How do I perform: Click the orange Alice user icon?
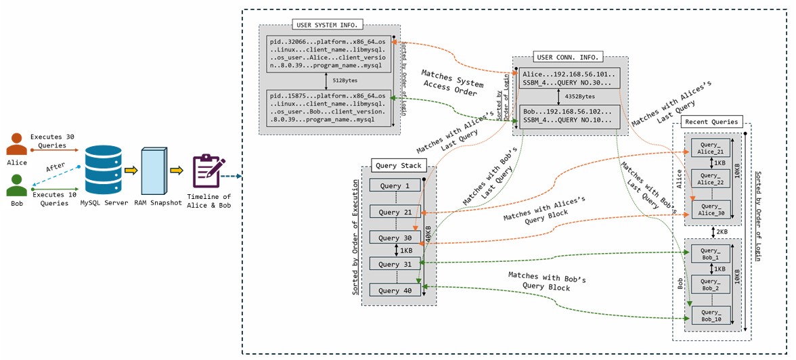(x=17, y=145)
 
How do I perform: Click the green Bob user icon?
(x=17, y=185)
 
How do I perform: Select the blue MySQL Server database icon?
(x=103, y=171)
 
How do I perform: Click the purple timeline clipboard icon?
(x=206, y=171)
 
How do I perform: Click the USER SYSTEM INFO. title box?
(x=328, y=25)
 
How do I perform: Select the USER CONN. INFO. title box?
(x=568, y=57)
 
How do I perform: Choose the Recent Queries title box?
(x=711, y=122)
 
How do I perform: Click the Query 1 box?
(x=395, y=186)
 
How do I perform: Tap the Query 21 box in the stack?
(x=395, y=212)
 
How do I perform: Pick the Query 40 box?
(x=395, y=290)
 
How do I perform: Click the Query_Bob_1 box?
(x=711, y=254)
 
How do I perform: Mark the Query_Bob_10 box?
(x=711, y=315)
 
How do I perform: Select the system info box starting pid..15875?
(x=328, y=108)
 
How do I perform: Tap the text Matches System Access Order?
(x=452, y=83)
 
